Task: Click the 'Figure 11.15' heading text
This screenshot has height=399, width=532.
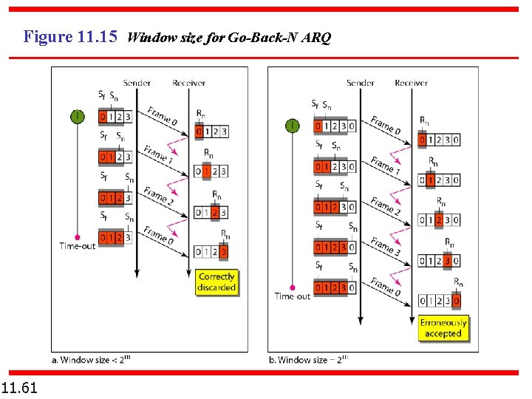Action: tap(70, 36)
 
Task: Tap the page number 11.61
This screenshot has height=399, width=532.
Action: tap(20, 387)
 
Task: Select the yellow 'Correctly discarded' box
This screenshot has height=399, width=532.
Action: tap(216, 282)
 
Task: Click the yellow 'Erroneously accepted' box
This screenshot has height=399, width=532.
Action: tap(443, 328)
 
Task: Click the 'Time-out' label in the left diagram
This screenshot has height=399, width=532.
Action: tap(77, 246)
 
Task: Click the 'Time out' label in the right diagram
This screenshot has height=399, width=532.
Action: tap(293, 296)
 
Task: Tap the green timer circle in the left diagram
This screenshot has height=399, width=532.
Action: tap(77, 116)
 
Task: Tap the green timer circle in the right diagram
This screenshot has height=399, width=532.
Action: tap(293, 126)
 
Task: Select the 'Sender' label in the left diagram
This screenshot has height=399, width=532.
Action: tap(137, 83)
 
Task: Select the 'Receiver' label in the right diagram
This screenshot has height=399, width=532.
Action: tap(411, 83)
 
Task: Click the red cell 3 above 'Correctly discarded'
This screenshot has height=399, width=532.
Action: tap(224, 253)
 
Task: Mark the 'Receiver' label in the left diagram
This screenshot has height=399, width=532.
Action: tap(189, 83)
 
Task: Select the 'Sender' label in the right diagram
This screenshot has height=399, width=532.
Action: tap(360, 83)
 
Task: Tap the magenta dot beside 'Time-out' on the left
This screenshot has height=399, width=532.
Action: tap(77, 237)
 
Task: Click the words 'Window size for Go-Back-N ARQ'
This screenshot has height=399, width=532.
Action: tap(228, 37)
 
